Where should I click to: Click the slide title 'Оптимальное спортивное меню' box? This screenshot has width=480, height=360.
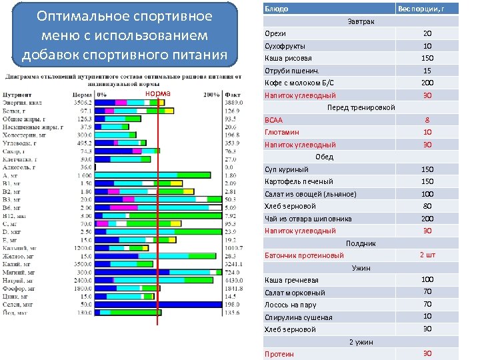[124, 35]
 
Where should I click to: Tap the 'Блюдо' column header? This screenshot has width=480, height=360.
[277, 9]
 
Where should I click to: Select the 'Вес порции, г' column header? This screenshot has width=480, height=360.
[420, 9]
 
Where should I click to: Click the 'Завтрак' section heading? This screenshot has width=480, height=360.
[361, 21]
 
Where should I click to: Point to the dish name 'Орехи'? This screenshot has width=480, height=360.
[275, 34]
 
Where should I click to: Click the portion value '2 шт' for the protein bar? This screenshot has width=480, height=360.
[427, 255]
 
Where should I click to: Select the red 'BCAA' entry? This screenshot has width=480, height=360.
[274, 120]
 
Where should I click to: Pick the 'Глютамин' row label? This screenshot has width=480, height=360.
[281, 132]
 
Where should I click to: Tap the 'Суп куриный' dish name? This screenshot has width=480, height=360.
[287, 169]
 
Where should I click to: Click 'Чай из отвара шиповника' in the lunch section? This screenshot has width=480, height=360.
[300, 219]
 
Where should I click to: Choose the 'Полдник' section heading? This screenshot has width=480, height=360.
[361, 243]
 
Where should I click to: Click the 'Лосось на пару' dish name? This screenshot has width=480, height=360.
[291, 305]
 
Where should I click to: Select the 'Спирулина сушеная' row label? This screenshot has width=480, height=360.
[298, 317]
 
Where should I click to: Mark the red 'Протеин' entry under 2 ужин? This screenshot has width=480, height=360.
[279, 354]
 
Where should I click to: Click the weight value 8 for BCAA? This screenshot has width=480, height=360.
[427, 120]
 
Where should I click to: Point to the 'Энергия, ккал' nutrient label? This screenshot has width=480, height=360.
[24, 103]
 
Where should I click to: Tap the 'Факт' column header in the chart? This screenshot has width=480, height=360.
[233, 95]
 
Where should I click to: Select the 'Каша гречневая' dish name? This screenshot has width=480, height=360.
[291, 280]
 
